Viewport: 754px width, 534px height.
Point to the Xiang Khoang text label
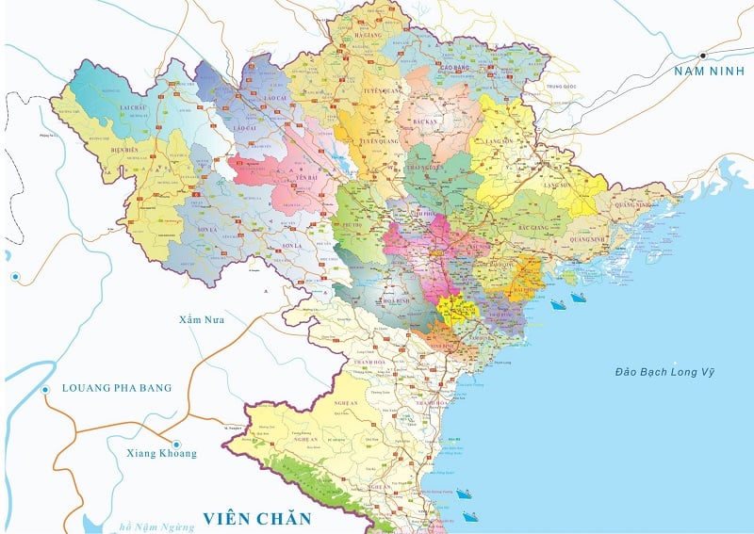[161, 454]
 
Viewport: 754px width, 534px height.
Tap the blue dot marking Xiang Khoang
[174, 444]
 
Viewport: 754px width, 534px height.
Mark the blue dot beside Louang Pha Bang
[44, 390]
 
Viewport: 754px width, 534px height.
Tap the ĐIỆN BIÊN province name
[124, 150]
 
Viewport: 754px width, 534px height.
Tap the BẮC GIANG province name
[533, 227]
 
